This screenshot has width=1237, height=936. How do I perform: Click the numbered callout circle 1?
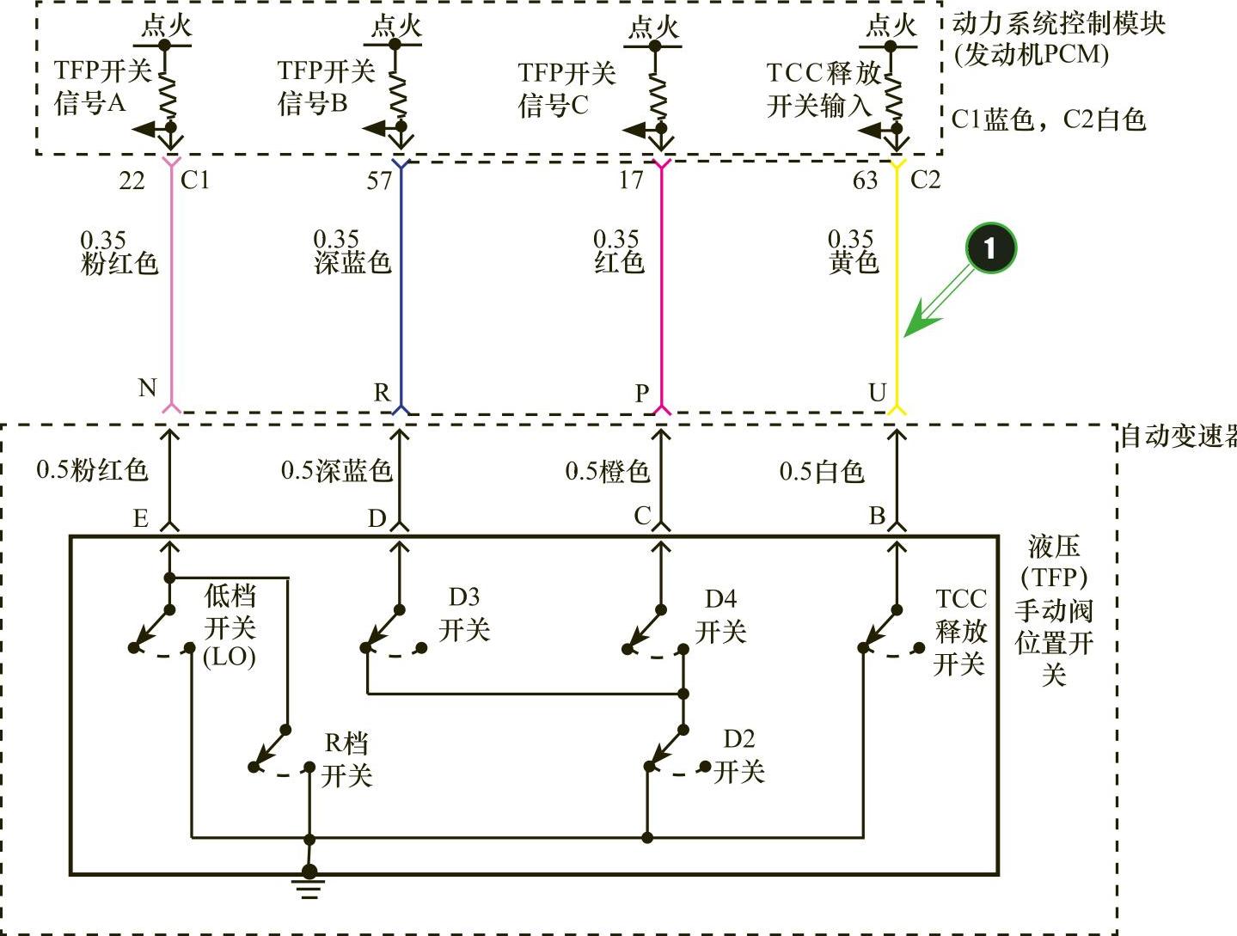(989, 248)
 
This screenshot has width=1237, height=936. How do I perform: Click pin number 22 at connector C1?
(132, 180)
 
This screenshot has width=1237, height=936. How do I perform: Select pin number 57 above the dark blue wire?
(379, 180)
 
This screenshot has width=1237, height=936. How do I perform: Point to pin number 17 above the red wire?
(631, 180)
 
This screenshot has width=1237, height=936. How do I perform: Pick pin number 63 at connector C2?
(865, 180)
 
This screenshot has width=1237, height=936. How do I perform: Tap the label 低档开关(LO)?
(230, 626)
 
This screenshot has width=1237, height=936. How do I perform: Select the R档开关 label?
(346, 759)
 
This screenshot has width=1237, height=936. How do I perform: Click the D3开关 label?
(464, 614)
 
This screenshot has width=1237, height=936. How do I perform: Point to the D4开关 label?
(720, 615)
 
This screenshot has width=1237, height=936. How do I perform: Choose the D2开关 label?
(738, 756)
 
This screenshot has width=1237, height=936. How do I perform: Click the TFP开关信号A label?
(101, 86)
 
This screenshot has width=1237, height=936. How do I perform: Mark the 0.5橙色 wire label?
(607, 471)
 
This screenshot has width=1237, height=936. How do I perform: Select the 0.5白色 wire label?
(821, 471)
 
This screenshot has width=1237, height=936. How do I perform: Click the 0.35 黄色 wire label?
(853, 251)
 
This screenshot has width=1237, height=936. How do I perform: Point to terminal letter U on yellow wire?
(877, 393)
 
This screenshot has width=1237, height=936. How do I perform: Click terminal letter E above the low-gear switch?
(141, 519)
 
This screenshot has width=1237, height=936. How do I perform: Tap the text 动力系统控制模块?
(1058, 23)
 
